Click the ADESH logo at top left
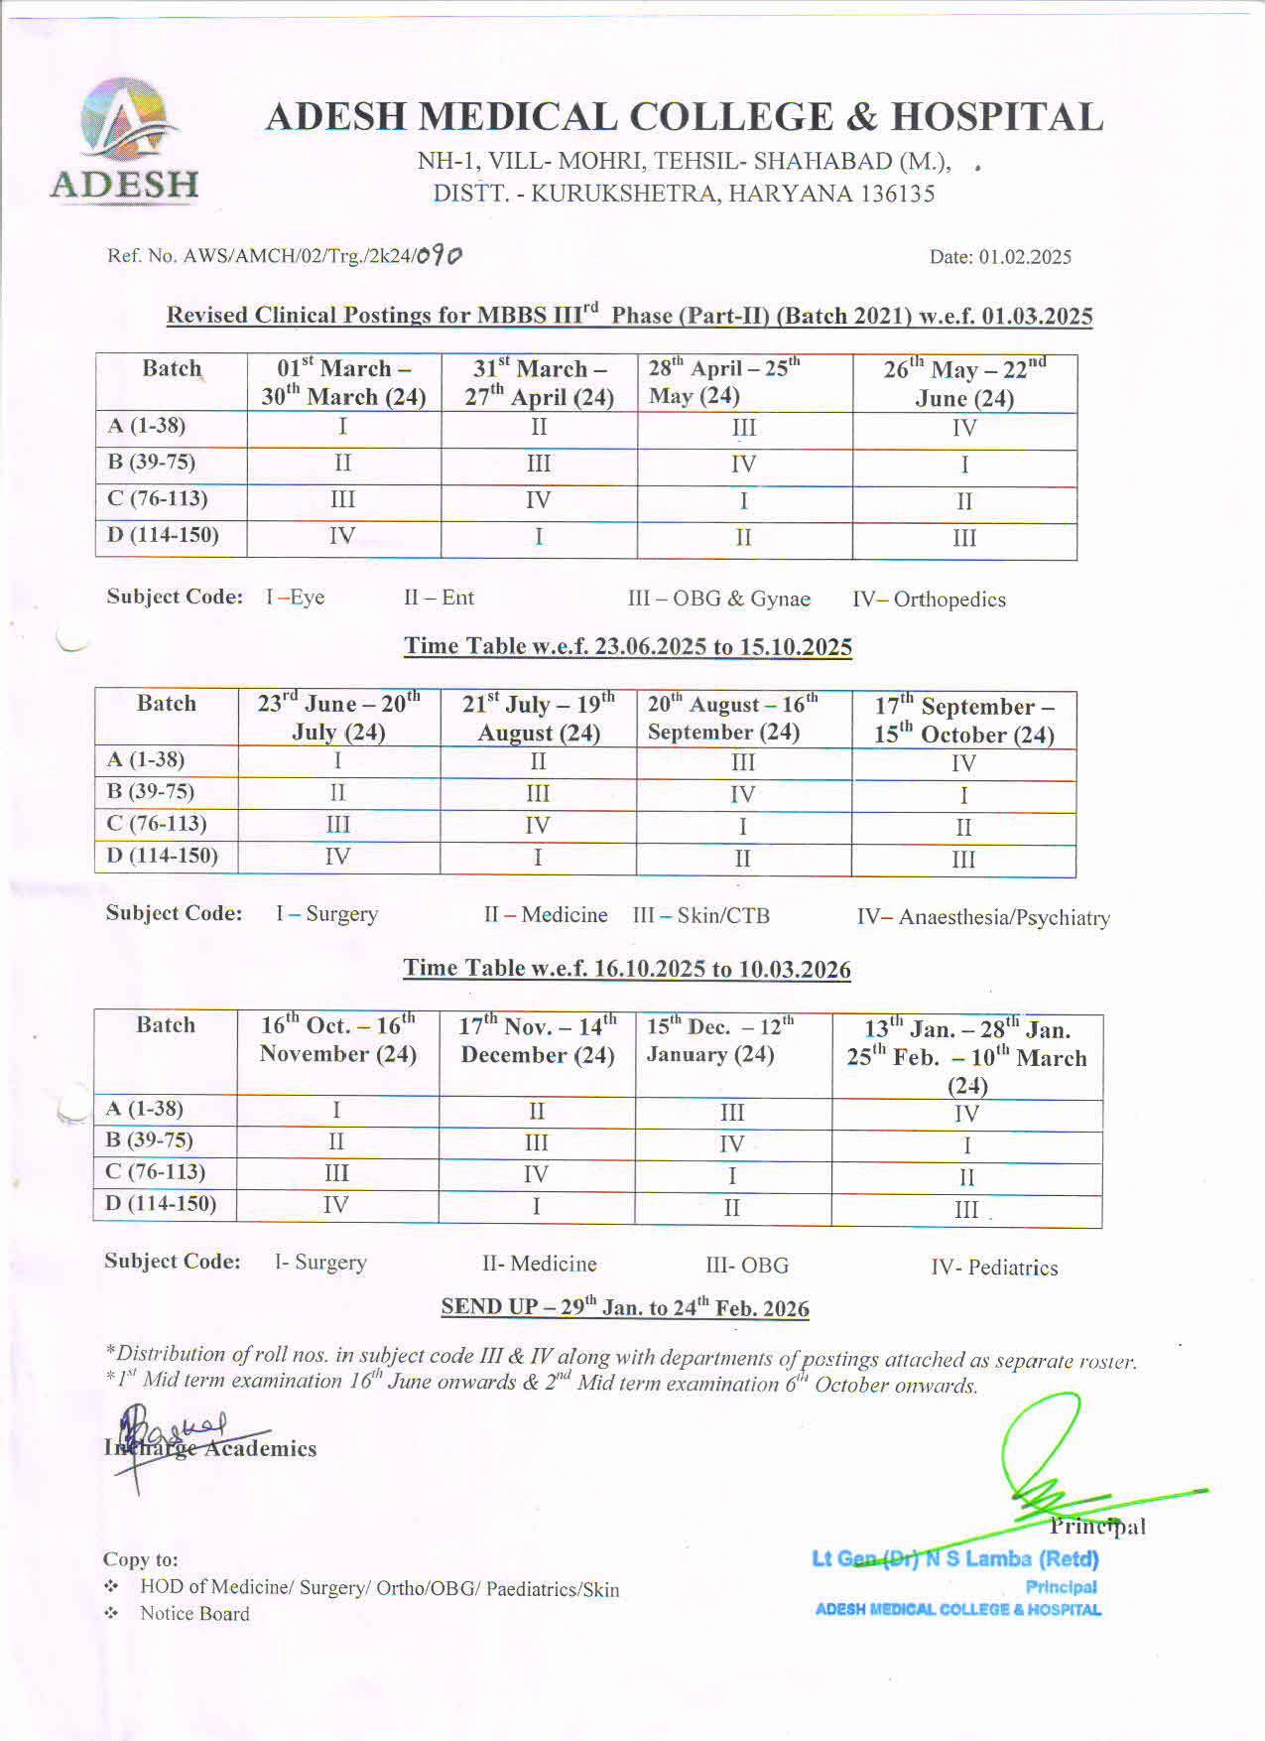coord(125,141)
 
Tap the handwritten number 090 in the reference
coord(439,256)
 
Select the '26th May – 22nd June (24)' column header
coord(964,383)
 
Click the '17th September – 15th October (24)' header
coord(963,720)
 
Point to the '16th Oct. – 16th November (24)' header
coord(337,1039)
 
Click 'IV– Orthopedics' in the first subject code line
coord(929,600)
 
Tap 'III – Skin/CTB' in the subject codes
coord(701,915)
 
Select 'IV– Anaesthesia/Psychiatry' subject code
coord(983,917)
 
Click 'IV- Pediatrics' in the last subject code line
coord(994,1268)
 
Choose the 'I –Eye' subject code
coord(295,598)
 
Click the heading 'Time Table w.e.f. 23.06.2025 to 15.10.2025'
coord(627,647)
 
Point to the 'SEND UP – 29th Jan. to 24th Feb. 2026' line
coord(625,1307)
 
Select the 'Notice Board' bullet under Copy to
coord(194,1614)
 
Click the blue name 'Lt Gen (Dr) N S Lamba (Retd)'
coord(955,1559)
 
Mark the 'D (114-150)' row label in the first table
coord(163,535)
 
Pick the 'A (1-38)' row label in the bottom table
coord(145,1109)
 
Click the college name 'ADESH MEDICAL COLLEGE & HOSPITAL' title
coord(685,117)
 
